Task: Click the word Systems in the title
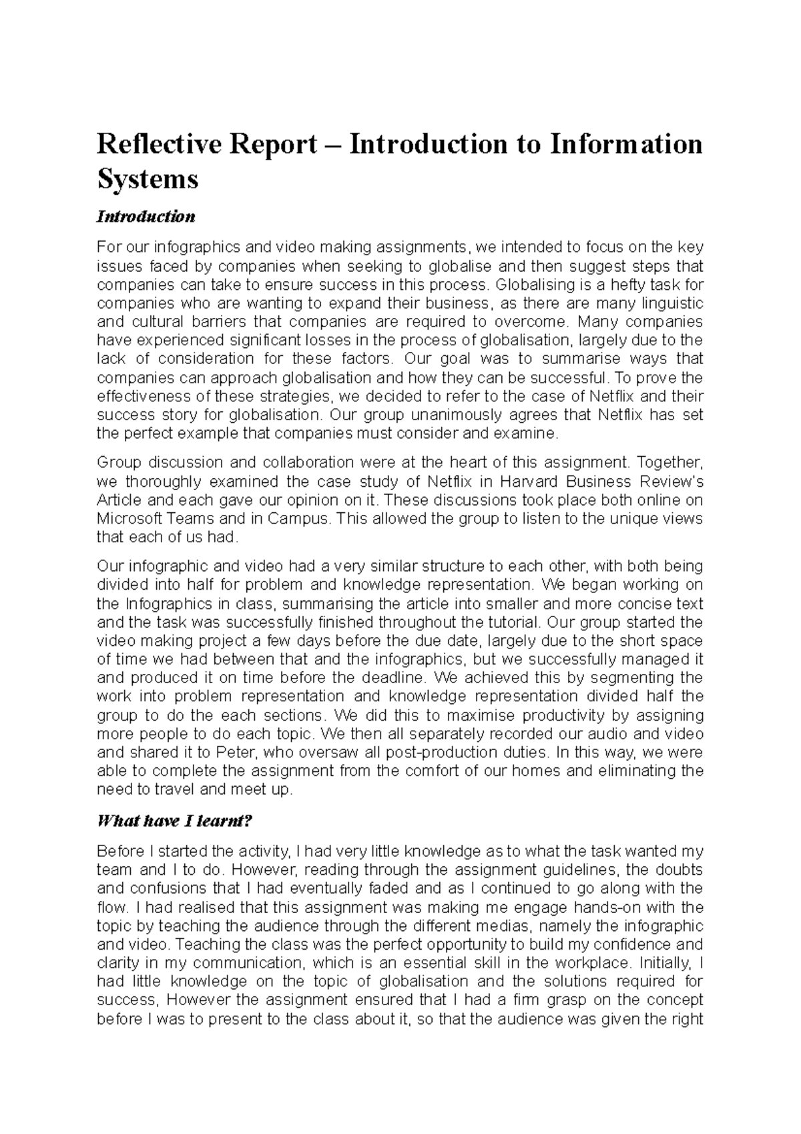pos(148,179)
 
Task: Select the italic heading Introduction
pos(146,217)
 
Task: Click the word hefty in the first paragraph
pos(628,285)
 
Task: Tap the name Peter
pos(238,752)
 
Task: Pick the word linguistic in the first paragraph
pos(668,303)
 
